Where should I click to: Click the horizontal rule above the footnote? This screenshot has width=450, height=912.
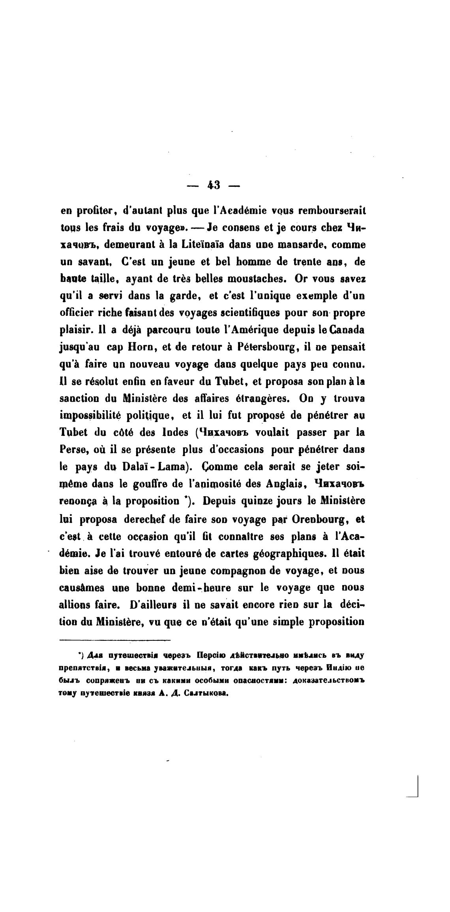[114, 640]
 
